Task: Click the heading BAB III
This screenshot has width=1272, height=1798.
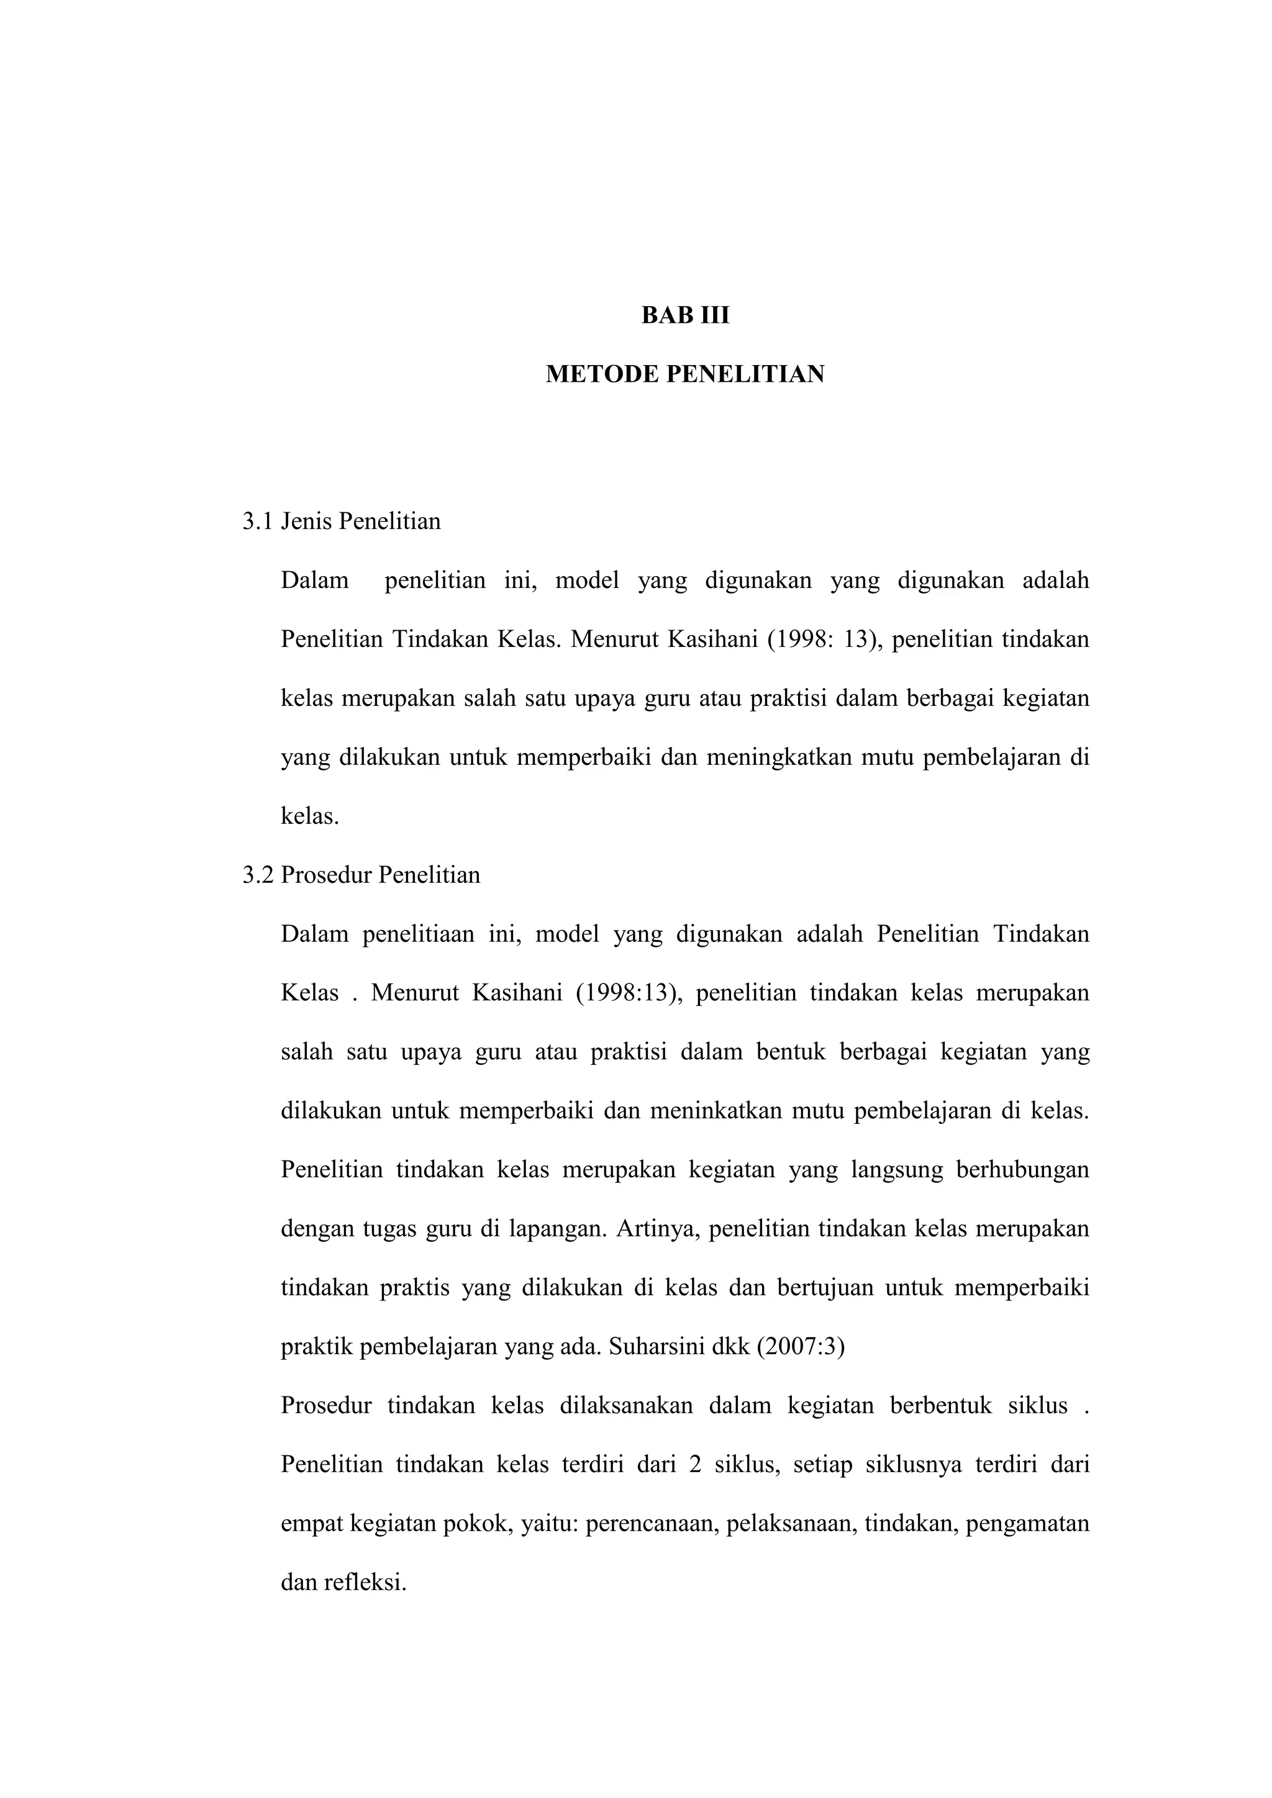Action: pyautogui.click(x=684, y=315)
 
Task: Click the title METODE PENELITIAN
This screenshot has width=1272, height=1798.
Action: pyautogui.click(x=684, y=374)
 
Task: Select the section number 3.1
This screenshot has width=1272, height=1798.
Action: pyautogui.click(x=257, y=522)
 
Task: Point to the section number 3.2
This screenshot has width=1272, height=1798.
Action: pyautogui.click(x=257, y=875)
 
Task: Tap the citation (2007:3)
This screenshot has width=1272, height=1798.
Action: pyautogui.click(x=800, y=1347)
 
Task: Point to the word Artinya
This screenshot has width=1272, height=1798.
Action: pyautogui.click(x=657, y=1229)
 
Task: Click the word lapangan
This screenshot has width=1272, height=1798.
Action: pyautogui.click(x=558, y=1229)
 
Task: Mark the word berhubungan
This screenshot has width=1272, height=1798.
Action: pyautogui.click(x=1022, y=1170)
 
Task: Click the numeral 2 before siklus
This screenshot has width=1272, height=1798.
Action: pyautogui.click(x=695, y=1465)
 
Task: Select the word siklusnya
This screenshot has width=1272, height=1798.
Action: pyautogui.click(x=913, y=1465)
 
